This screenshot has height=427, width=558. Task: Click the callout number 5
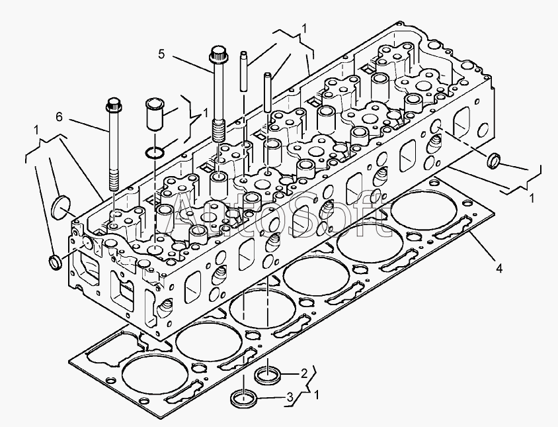[x=161, y=54]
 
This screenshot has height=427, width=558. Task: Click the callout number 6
[x=59, y=117]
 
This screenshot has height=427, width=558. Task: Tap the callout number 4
[x=499, y=268]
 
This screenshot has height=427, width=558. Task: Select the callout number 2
[x=304, y=373]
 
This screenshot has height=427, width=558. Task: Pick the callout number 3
[x=290, y=397]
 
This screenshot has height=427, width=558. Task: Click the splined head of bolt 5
[x=218, y=54]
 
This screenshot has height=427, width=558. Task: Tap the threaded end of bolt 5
[x=218, y=130]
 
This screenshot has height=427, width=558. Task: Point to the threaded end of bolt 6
[x=114, y=180]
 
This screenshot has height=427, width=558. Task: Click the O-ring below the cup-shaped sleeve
[x=155, y=154]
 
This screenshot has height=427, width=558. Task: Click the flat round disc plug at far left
[x=61, y=206]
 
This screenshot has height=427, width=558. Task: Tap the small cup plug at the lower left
[x=55, y=262]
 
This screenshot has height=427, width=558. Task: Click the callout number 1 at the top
[x=304, y=28]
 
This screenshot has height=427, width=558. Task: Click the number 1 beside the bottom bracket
[x=317, y=395]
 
